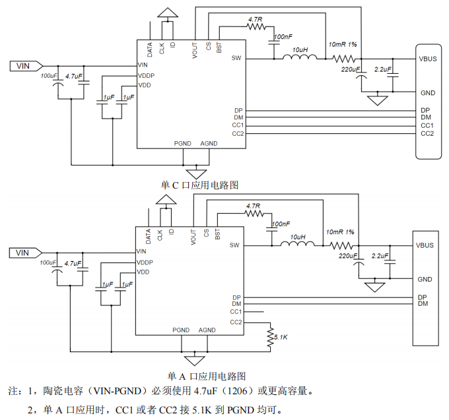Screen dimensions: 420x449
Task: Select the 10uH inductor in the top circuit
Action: pyautogui.click(x=300, y=58)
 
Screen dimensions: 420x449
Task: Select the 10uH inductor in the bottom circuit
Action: pyautogui.click(x=298, y=245)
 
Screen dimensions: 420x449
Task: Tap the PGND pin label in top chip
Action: pyautogui.click(x=182, y=143)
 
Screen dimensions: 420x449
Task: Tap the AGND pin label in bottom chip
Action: pyautogui.click(x=207, y=330)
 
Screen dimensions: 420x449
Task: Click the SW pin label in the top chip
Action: pyautogui.click(x=236, y=58)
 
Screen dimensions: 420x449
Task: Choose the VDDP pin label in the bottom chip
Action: pyautogui.click(x=145, y=262)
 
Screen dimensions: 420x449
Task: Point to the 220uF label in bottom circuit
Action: pyautogui.click(x=348, y=256)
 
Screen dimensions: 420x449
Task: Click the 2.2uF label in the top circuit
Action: pyautogui.click(x=383, y=69)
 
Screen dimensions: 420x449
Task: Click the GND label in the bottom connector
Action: pyautogui.click(x=425, y=280)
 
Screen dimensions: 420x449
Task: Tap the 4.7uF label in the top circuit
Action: pyautogui.click(x=74, y=77)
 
